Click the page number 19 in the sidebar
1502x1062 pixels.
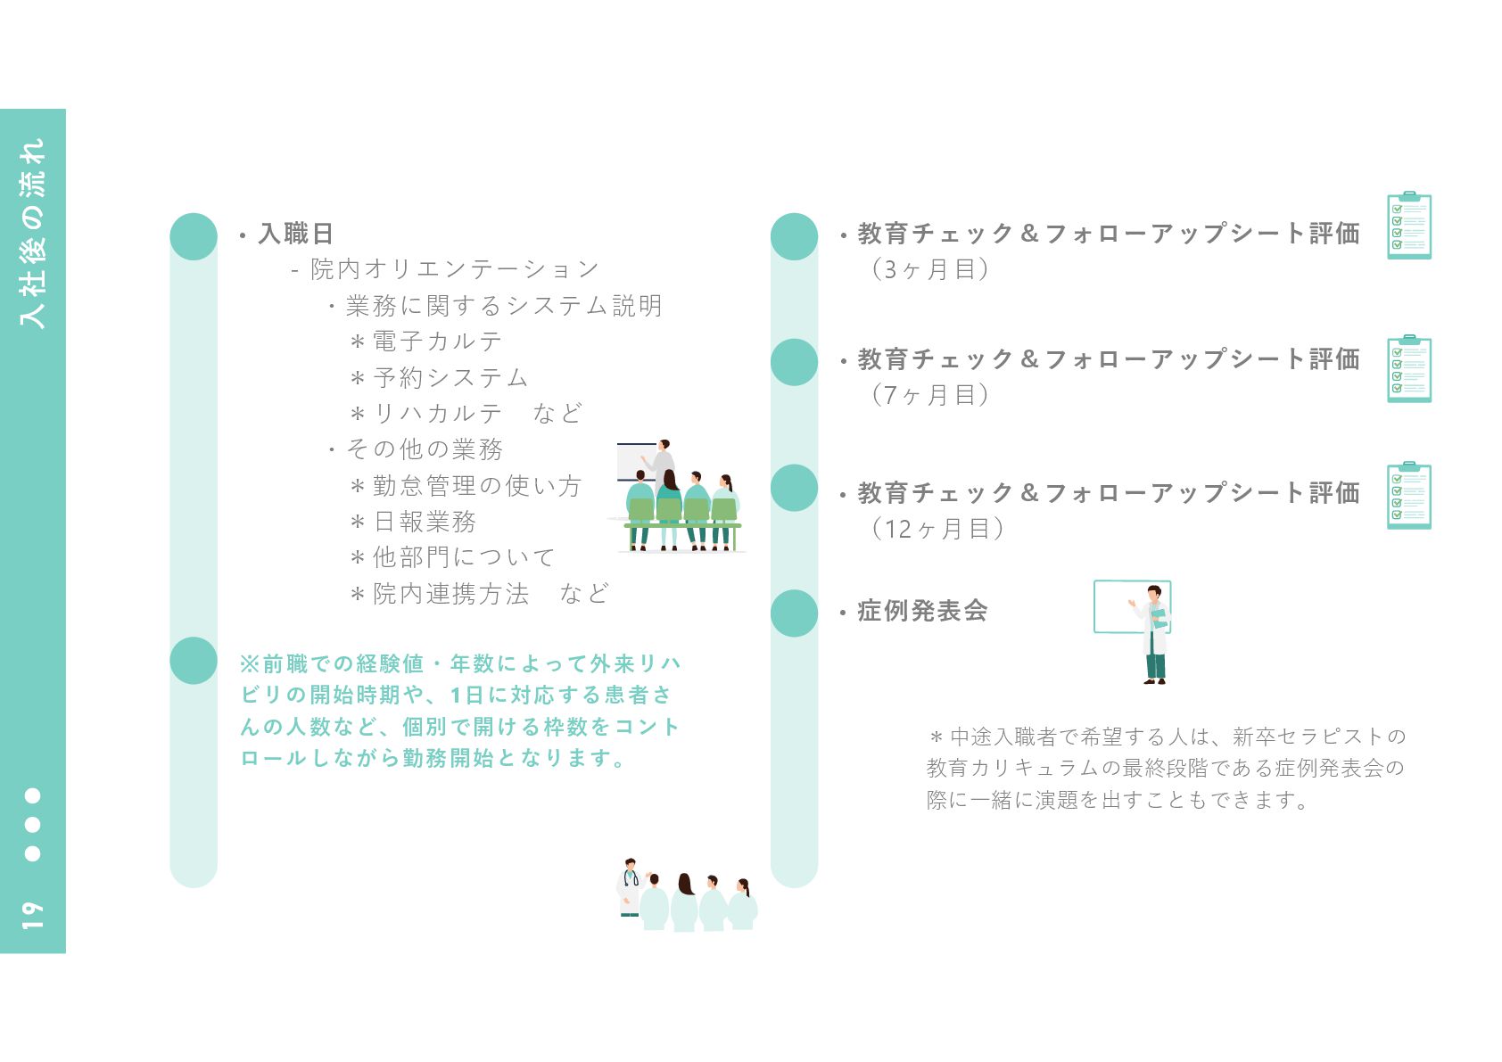(32, 914)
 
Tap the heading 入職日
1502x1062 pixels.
(295, 234)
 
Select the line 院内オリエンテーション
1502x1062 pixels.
(455, 269)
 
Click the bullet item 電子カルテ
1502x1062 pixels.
(437, 342)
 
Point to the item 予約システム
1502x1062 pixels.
(450, 378)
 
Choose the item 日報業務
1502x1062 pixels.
(425, 522)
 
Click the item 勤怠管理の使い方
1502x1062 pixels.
(477, 486)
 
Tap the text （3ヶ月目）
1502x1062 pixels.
(928, 269)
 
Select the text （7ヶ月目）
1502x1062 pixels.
(928, 395)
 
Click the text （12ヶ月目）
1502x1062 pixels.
(937, 529)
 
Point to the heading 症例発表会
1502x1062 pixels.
(922, 611)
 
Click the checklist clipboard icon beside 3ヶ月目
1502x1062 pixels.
(1409, 226)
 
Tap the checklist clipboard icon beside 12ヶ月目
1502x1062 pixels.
(1409, 496)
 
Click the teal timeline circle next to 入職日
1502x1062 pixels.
(194, 236)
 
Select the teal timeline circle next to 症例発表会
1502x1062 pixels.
(794, 613)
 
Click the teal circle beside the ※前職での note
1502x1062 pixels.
(194, 661)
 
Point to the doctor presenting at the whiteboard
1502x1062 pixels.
(1154, 633)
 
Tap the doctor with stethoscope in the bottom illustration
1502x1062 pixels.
(630, 886)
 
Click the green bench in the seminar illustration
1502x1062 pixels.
(682, 526)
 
